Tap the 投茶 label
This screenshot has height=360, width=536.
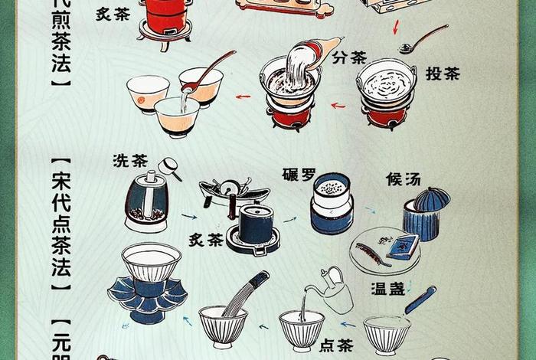click(x=443, y=74)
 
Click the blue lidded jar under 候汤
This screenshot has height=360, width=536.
click(x=426, y=210)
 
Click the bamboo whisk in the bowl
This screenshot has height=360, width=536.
click(x=243, y=295)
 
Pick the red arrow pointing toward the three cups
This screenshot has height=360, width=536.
click(x=243, y=97)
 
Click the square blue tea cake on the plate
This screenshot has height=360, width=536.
click(x=402, y=245)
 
